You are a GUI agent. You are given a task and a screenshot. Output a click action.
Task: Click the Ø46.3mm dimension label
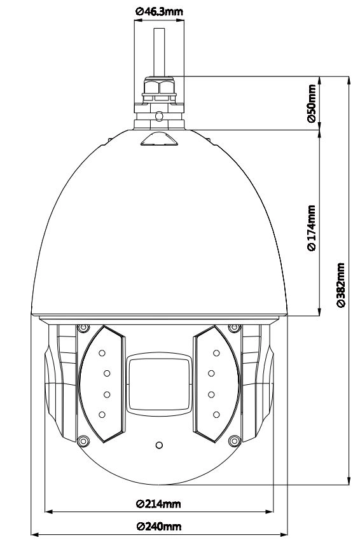[x=160, y=11]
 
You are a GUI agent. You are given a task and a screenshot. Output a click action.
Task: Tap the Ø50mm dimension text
[x=312, y=103]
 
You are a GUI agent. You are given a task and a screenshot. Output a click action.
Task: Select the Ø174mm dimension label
[x=312, y=228]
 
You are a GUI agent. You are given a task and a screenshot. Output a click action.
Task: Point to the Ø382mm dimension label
[x=340, y=285]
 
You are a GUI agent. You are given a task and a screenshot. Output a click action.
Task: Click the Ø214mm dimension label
[x=158, y=504]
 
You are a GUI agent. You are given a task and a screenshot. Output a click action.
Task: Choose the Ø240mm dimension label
[x=159, y=527]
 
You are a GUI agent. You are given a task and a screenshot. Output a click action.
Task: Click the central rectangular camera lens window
[x=159, y=384]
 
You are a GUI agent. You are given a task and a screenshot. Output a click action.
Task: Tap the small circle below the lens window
[x=159, y=445]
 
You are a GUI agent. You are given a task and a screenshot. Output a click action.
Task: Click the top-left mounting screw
[x=83, y=328]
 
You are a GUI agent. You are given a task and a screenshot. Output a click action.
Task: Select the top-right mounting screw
[x=234, y=328]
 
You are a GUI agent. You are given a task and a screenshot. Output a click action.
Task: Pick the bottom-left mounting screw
[x=83, y=441]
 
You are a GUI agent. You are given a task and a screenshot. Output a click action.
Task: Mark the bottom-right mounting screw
[x=234, y=441]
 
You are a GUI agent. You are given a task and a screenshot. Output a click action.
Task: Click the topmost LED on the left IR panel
[x=102, y=352]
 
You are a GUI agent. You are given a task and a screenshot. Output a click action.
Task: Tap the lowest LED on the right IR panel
[x=216, y=415]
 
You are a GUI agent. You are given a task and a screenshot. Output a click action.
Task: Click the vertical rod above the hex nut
[x=160, y=52]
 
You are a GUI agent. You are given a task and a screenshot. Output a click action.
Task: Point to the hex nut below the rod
[x=159, y=87]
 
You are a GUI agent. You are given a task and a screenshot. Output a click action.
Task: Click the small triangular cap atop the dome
[x=159, y=139]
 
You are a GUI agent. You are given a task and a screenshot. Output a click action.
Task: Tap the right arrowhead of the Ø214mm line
[x=270, y=511]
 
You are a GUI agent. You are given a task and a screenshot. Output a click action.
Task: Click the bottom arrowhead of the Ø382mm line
[x=349, y=481]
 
